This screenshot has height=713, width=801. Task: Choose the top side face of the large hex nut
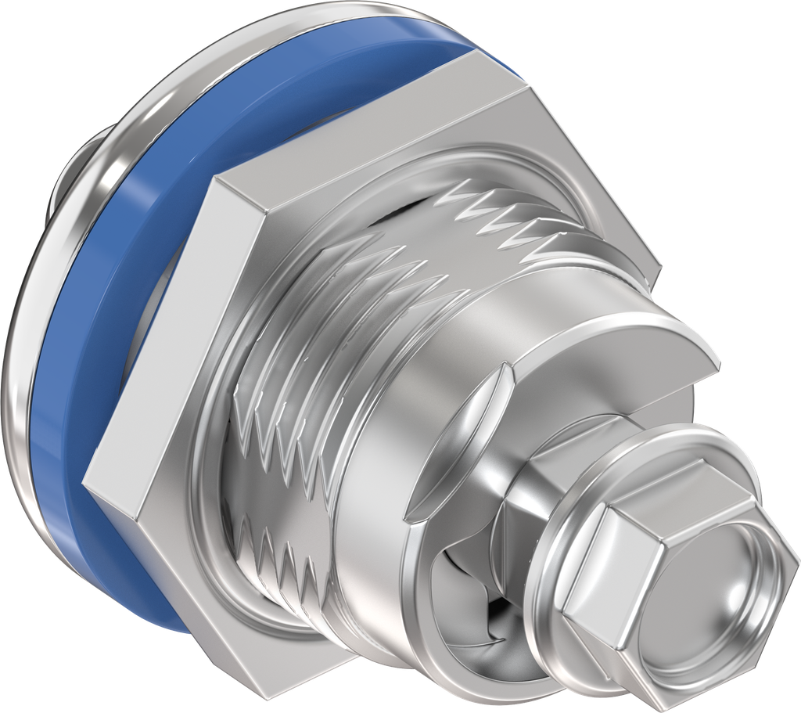point(368,125)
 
